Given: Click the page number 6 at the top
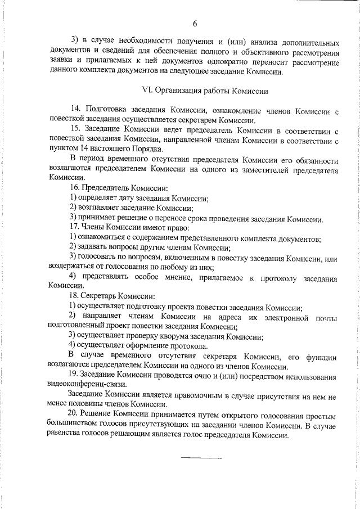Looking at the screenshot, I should pyautogui.click(x=195, y=24).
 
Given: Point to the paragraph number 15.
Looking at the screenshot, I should pyautogui.click(x=75, y=129).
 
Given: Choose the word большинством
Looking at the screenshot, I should pyautogui.click(x=74, y=426).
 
